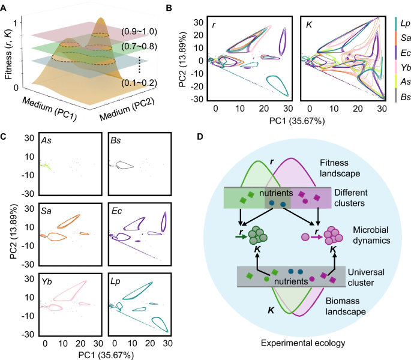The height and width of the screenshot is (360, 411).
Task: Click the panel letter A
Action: click(x=5, y=7)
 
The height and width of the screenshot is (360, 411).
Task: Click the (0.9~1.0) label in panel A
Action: click(x=137, y=31)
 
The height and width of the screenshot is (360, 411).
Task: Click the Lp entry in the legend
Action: click(x=402, y=25)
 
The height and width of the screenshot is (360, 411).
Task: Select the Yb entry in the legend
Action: click(x=402, y=68)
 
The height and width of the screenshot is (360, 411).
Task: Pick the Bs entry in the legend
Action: click(x=402, y=97)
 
